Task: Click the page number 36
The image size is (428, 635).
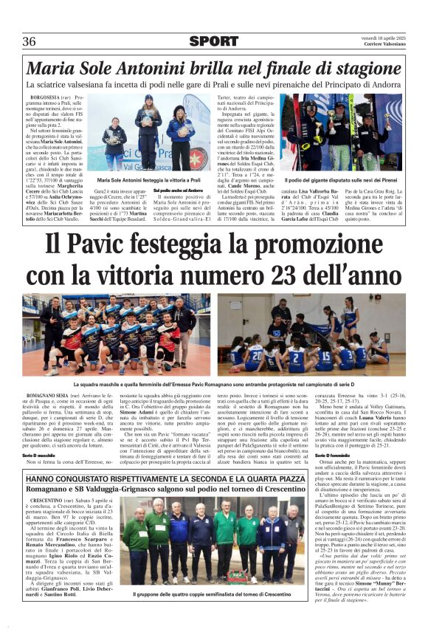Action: (x=30, y=41)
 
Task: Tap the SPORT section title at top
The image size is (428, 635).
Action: (x=213, y=41)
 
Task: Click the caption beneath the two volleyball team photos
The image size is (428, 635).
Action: (x=213, y=385)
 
